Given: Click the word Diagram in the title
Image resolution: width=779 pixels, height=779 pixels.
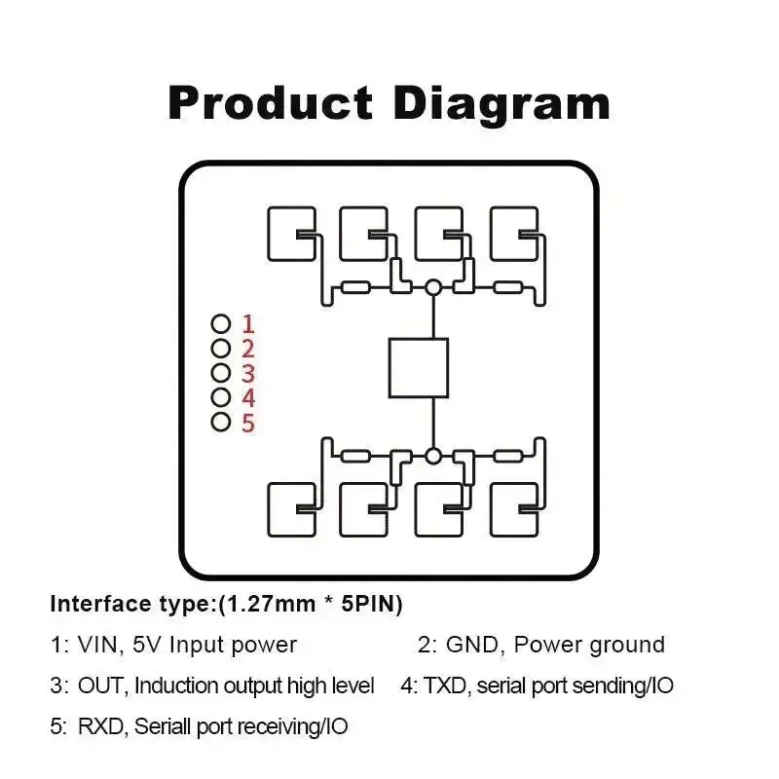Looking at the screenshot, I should point(501,103).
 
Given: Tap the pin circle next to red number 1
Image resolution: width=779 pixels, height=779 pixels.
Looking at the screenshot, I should point(221,323).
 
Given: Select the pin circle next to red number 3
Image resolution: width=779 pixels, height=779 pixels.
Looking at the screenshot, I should point(221,373).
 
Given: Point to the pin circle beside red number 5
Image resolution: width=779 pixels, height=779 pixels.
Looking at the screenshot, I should point(221,422).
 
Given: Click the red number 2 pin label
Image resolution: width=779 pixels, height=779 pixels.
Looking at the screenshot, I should point(247,349).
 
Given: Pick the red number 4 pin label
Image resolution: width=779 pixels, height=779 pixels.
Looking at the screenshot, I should point(247,397).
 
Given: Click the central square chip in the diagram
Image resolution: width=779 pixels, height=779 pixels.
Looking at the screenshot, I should point(419,368).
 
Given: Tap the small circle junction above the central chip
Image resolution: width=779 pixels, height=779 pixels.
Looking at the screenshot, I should point(433,287).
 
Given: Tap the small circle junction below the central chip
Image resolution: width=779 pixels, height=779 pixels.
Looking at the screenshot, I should point(433,455).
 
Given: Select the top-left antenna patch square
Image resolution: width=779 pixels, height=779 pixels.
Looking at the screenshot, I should point(290,233).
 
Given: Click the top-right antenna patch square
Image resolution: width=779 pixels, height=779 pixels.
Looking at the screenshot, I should point(513,233).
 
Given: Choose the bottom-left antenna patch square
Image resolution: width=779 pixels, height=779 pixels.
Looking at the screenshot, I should point(290,508).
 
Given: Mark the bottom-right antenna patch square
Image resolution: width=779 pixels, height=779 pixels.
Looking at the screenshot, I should point(513,508).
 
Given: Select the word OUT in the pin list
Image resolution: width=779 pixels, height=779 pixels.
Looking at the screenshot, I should point(101,686).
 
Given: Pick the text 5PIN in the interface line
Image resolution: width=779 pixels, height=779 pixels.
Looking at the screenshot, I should point(371,604).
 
